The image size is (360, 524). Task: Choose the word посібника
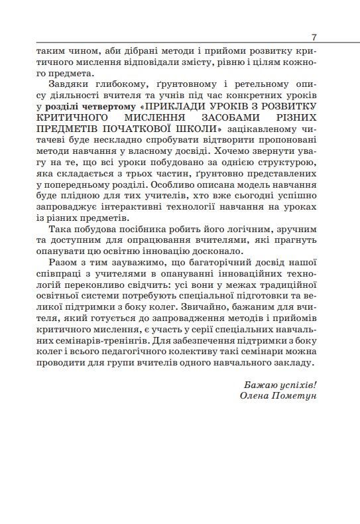click(136, 230)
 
